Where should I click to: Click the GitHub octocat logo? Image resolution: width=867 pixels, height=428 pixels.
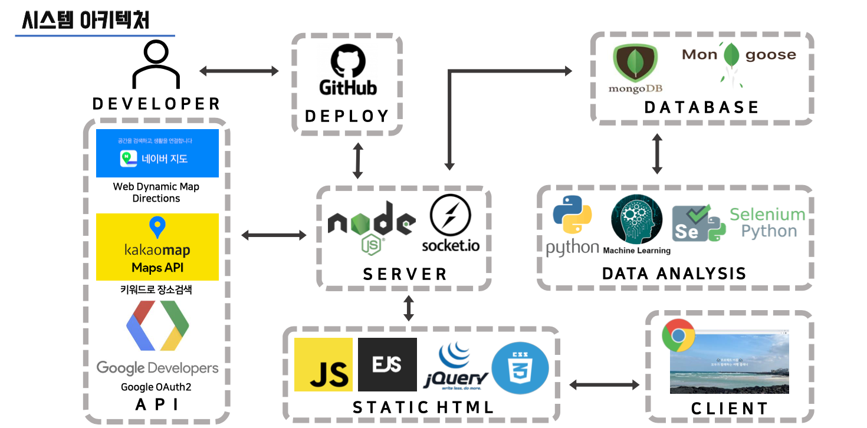[348, 62]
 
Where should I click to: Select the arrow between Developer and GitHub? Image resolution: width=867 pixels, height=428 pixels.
[239, 71]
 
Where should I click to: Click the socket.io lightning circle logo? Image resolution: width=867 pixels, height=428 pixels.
[450, 216]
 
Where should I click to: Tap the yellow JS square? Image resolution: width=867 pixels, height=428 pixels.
[323, 364]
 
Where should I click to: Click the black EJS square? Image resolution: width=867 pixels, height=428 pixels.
[387, 364]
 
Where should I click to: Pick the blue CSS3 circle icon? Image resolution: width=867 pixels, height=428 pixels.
[520, 368]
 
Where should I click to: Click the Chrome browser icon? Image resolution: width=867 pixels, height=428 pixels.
[678, 336]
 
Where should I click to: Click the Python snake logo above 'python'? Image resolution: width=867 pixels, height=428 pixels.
[572, 215]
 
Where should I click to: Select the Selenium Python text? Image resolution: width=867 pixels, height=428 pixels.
[767, 222]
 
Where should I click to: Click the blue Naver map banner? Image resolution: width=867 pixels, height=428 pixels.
[157, 153]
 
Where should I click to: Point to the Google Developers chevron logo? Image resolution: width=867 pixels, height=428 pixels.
[157, 325]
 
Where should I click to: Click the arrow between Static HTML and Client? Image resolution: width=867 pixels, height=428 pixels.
[604, 385]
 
